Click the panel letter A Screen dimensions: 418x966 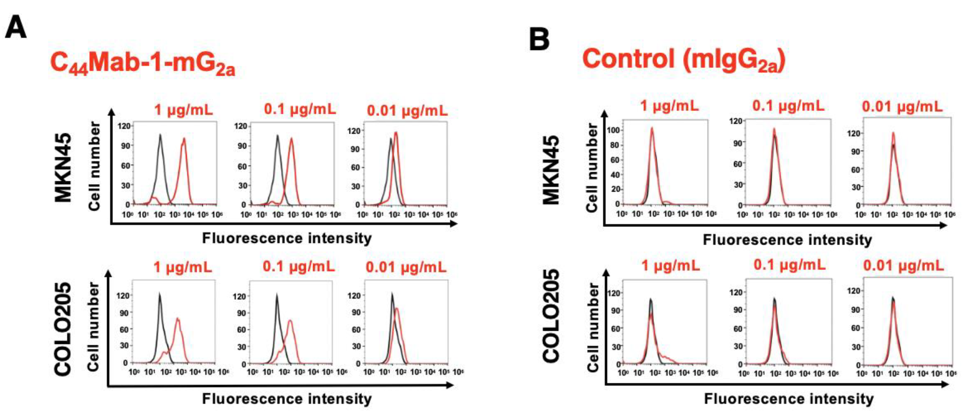pyautogui.click(x=16, y=27)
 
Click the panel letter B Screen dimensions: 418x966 pyautogui.click(x=539, y=40)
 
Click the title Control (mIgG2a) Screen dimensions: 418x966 pyautogui.click(x=683, y=60)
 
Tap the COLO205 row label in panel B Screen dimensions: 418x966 pyautogui.click(x=551, y=316)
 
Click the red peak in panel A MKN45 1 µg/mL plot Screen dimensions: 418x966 pyautogui.click(x=184, y=140)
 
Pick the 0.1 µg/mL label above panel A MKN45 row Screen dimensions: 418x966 pyautogui.click(x=300, y=109)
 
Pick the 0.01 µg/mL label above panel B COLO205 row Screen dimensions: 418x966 pyautogui.click(x=903, y=266)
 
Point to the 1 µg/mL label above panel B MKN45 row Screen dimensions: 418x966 pyautogui.click(x=669, y=106)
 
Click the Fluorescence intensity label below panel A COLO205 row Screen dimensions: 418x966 pyautogui.click(x=287, y=399)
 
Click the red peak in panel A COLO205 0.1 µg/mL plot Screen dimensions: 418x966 pyautogui.click(x=290, y=321)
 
